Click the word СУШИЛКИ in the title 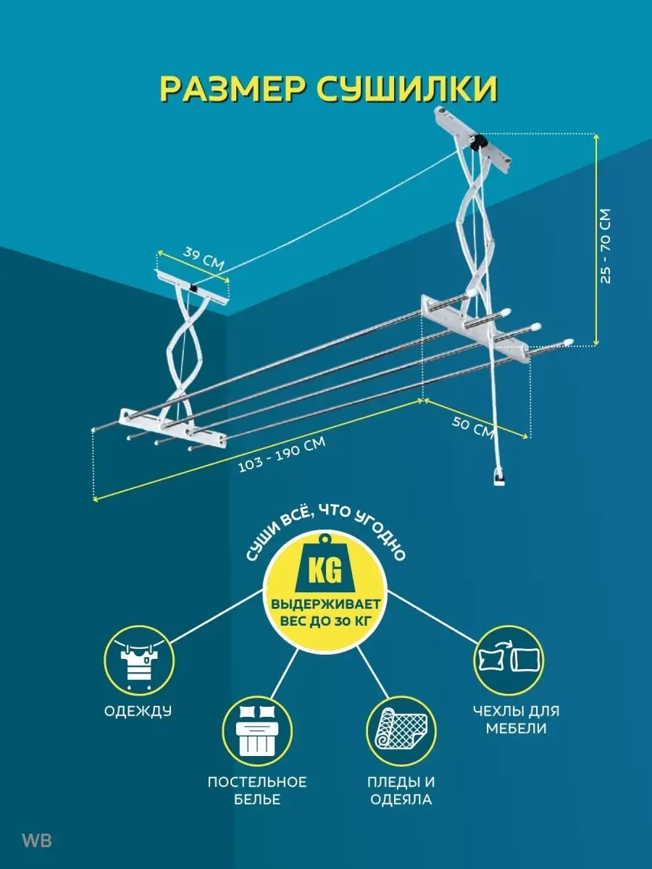407,88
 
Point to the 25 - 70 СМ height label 606,246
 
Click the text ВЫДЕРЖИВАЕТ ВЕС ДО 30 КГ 325,614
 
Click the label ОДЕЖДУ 138,711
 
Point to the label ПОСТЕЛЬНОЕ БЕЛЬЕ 257,791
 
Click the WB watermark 36,841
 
